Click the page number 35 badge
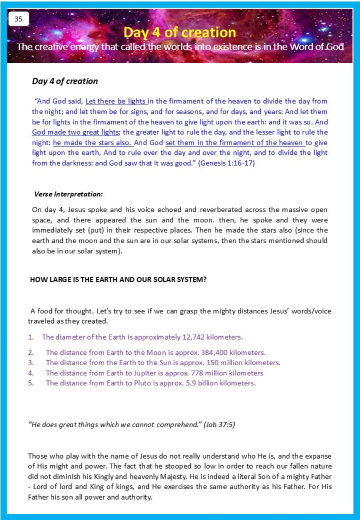pos(19,19)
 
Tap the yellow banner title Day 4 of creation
pos(180,32)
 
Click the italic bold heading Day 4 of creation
pos(65,81)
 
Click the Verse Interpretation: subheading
pos(68,194)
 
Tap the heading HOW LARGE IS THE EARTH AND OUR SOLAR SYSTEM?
pos(118,279)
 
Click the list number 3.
pos(30,363)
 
